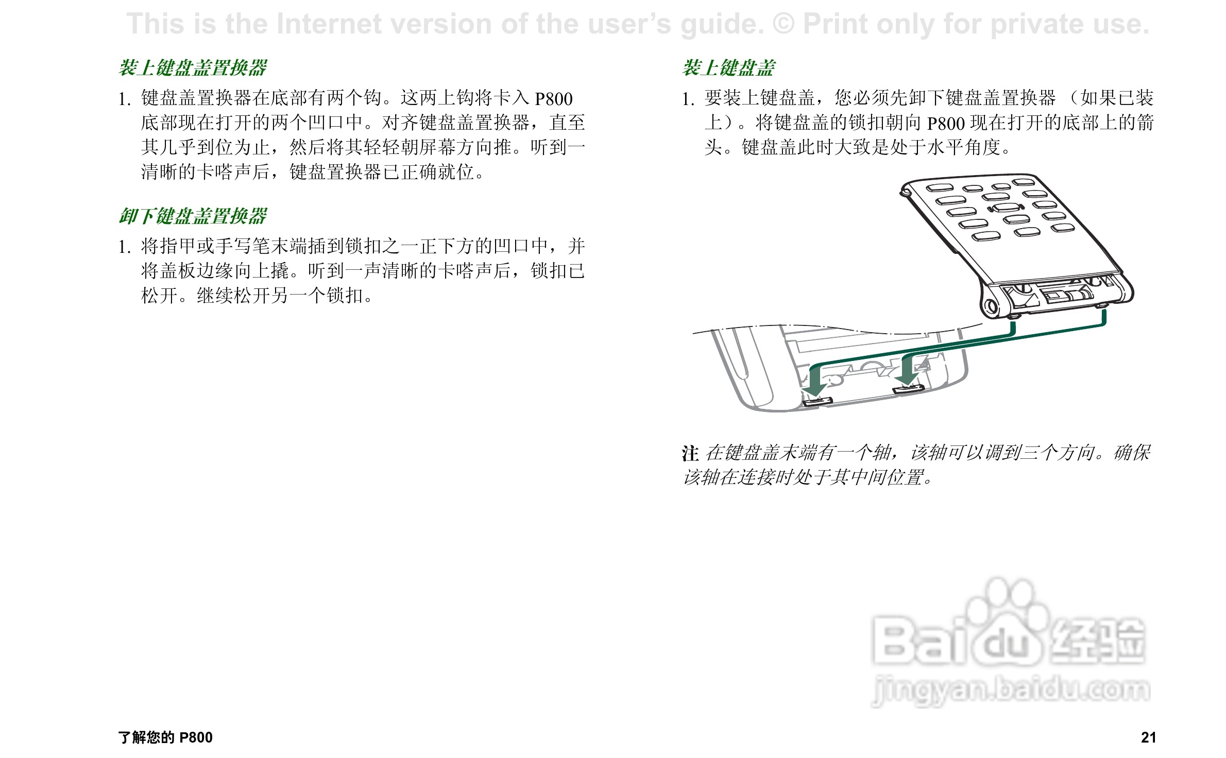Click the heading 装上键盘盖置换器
pyautogui.click(x=193, y=68)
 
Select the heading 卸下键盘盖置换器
pyautogui.click(x=193, y=216)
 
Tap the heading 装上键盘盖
pyautogui.click(x=728, y=68)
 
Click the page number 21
pyautogui.click(x=1148, y=737)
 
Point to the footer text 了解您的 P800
pyautogui.click(x=165, y=737)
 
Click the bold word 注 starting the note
pyautogui.click(x=690, y=454)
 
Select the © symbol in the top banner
pyautogui.click(x=784, y=24)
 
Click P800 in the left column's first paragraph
pyautogui.click(x=554, y=99)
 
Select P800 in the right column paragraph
pyautogui.click(x=946, y=124)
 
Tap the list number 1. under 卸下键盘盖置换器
pyautogui.click(x=124, y=247)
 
